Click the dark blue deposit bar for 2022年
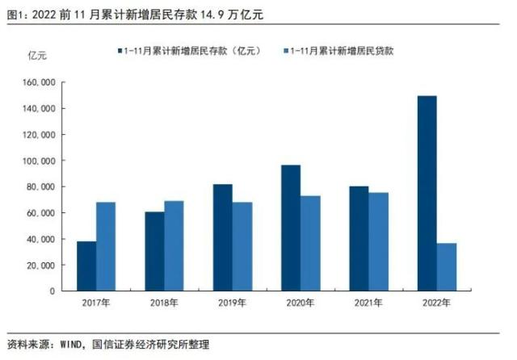pos(427,193)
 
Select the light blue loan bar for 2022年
pos(447,266)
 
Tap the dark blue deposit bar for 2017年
pos(86,266)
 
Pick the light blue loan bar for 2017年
pos(106,246)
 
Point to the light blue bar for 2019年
pos(242,246)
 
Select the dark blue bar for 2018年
pos(154,251)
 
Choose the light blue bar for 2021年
pos(379,241)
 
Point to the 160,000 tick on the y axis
pos(39,82)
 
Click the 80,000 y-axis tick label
pos(41,186)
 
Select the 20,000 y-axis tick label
pos(41,265)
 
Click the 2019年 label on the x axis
pos(232,303)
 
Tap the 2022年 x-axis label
pos(436,303)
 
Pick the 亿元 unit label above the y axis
pos(38,55)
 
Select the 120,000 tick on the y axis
pos(39,135)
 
